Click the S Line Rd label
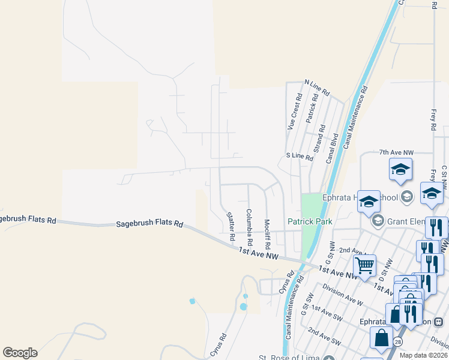300,157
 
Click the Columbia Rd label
249,230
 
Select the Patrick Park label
309,221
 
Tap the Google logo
20,353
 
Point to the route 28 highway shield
398,341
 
